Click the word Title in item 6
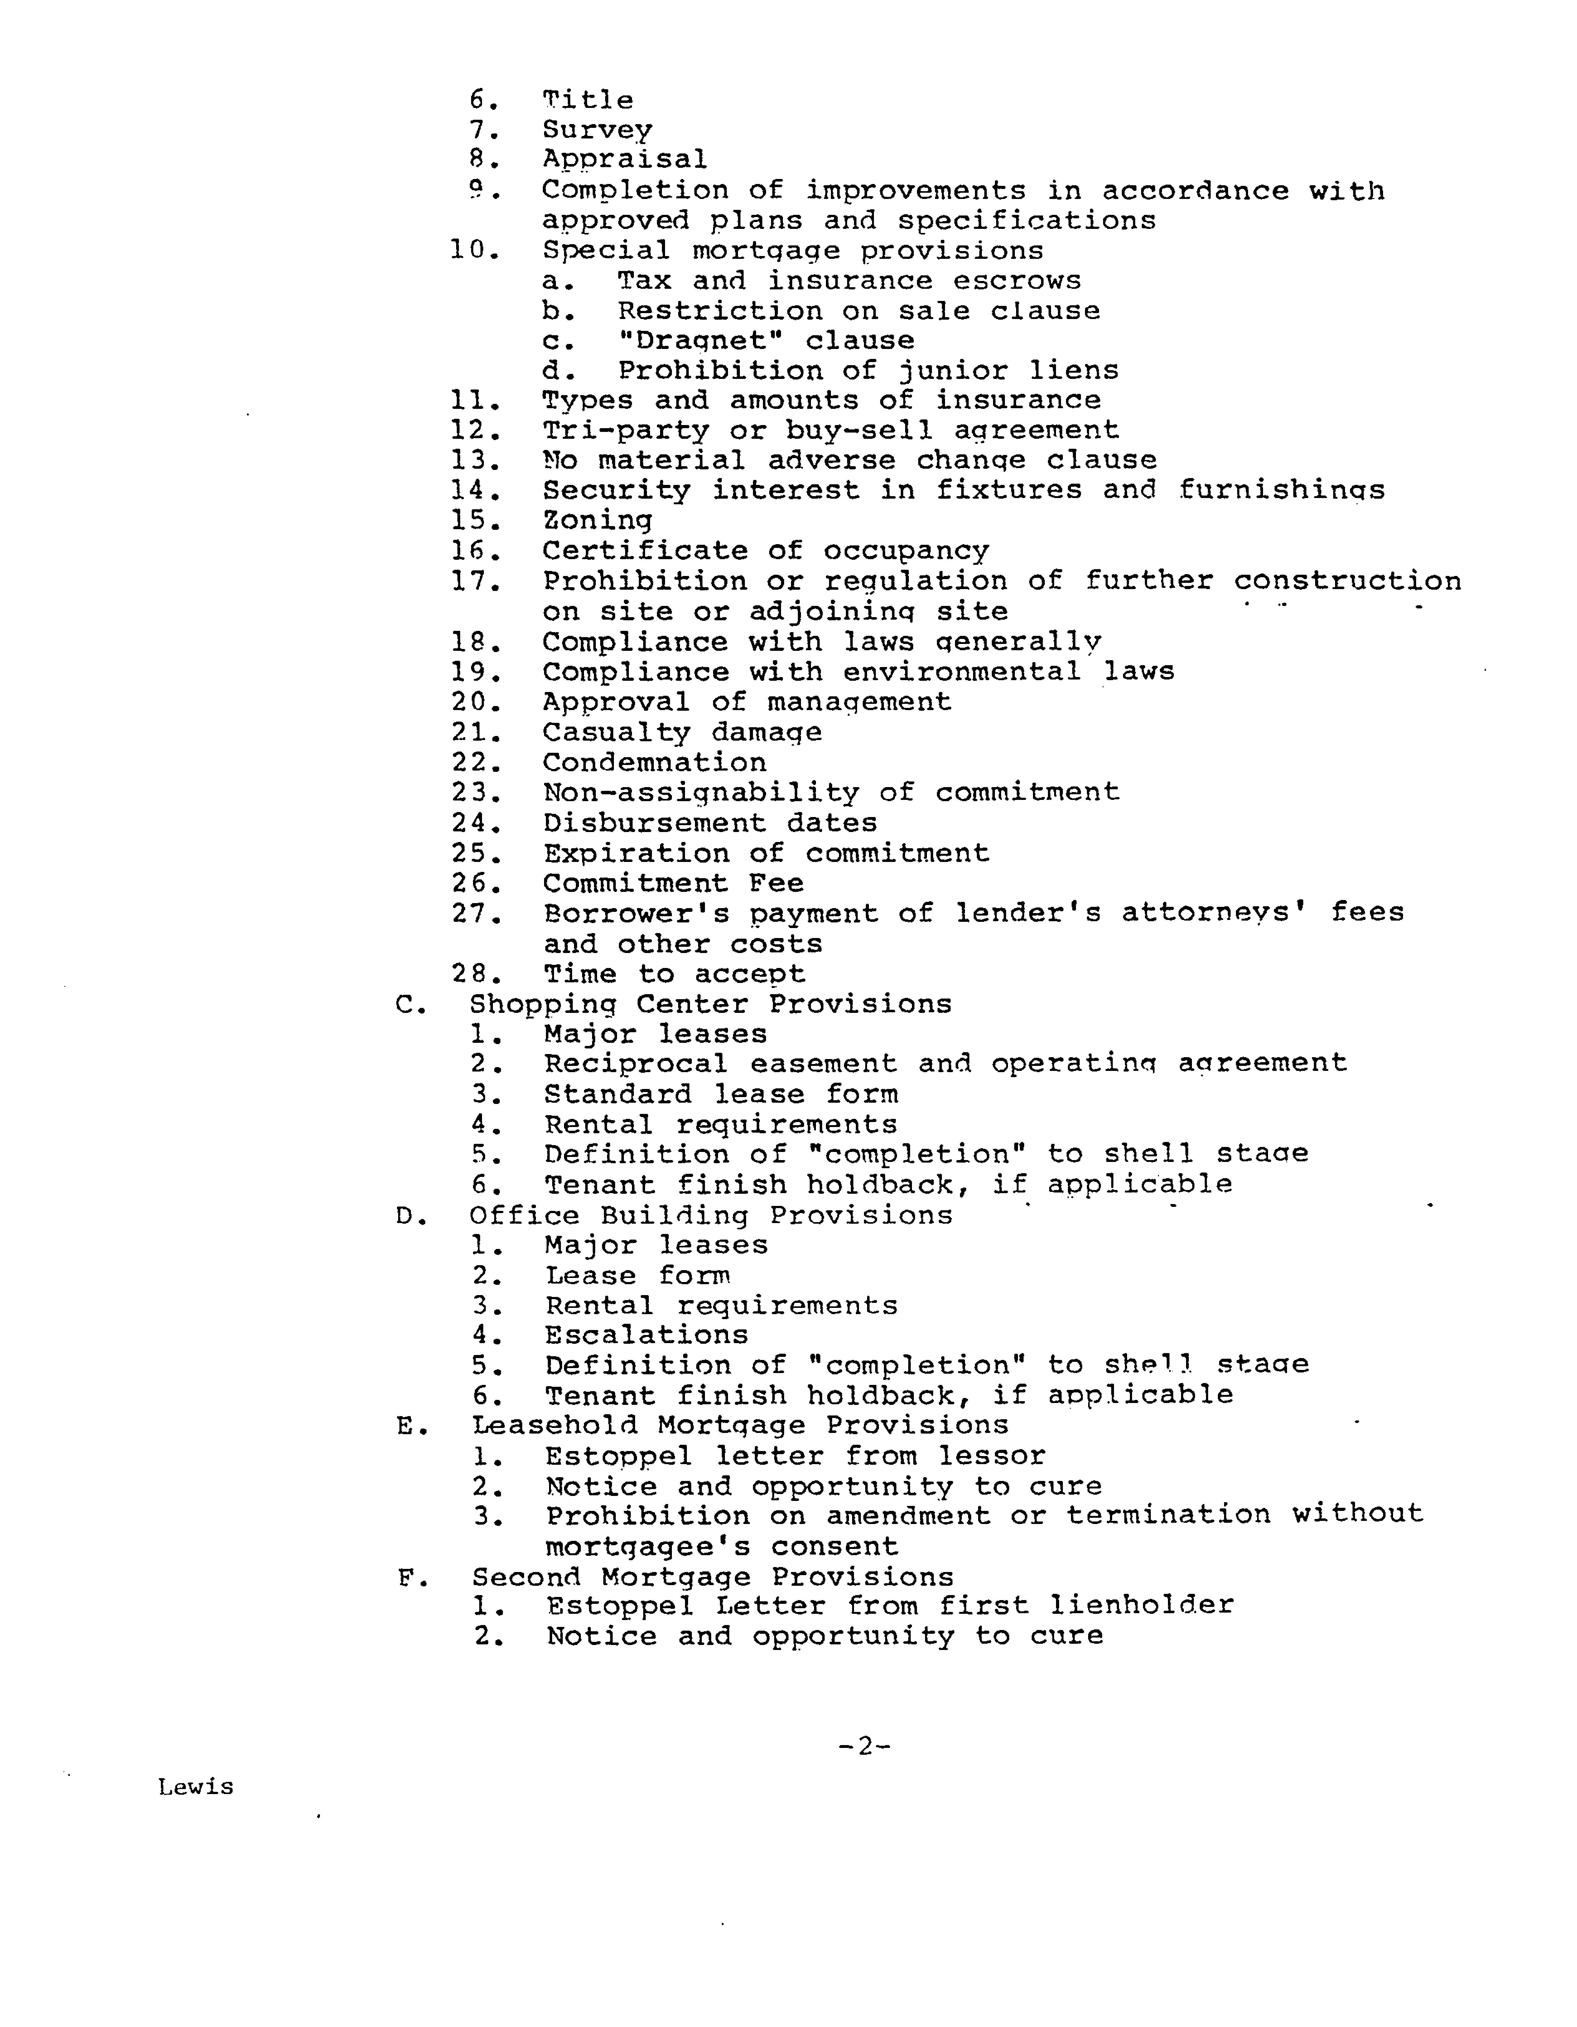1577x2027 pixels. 587,100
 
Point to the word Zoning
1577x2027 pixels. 597,521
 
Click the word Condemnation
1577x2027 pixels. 653,763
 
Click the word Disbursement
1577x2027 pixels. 653,823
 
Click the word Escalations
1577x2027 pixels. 646,1336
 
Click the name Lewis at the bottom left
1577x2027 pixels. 196,1787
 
